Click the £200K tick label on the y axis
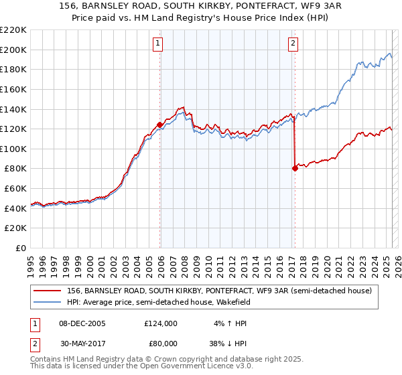(13, 50)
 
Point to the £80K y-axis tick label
(15, 169)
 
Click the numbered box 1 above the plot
(157, 44)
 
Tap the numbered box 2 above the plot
(293, 44)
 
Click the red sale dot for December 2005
(159, 125)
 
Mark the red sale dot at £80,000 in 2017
(295, 168)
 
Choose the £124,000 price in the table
(161, 323)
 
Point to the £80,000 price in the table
(161, 342)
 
